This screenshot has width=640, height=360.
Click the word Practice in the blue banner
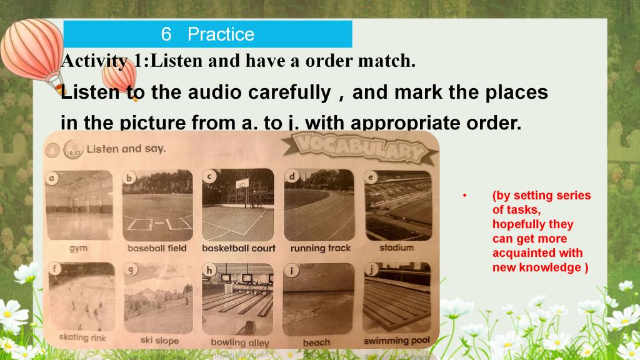point(221,34)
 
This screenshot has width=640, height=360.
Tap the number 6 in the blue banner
point(166,34)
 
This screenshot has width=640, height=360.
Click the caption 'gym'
point(78,248)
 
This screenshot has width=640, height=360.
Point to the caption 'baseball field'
point(157,248)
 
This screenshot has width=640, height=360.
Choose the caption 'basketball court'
point(239,248)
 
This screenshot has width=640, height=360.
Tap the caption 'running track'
point(321,248)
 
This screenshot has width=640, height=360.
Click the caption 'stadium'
point(396,247)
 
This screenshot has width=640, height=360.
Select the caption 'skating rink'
point(82,337)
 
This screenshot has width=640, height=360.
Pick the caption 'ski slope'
point(159,340)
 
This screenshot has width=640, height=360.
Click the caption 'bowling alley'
point(240,342)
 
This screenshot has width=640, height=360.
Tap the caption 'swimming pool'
point(397,341)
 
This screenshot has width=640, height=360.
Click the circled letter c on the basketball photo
point(209,176)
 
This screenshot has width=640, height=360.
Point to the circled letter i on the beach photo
point(291,271)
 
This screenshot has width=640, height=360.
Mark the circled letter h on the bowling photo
point(209,269)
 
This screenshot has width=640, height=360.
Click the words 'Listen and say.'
point(126,149)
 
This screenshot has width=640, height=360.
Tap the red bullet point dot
point(464,196)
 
